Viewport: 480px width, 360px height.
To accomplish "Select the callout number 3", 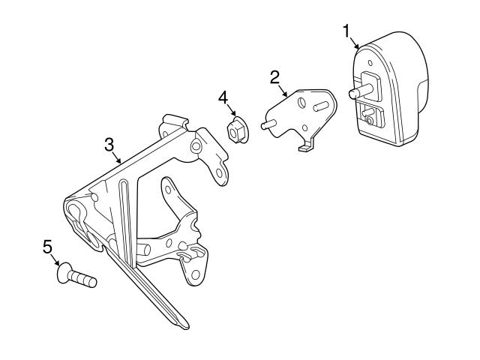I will point(109,142).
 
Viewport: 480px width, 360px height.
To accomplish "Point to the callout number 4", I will point(223,97).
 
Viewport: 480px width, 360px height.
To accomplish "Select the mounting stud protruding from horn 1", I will point(357,94).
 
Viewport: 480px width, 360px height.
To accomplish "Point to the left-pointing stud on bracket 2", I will point(267,125).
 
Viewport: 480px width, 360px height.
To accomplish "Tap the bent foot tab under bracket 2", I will point(304,148).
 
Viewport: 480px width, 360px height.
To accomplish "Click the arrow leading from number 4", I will point(228,112).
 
